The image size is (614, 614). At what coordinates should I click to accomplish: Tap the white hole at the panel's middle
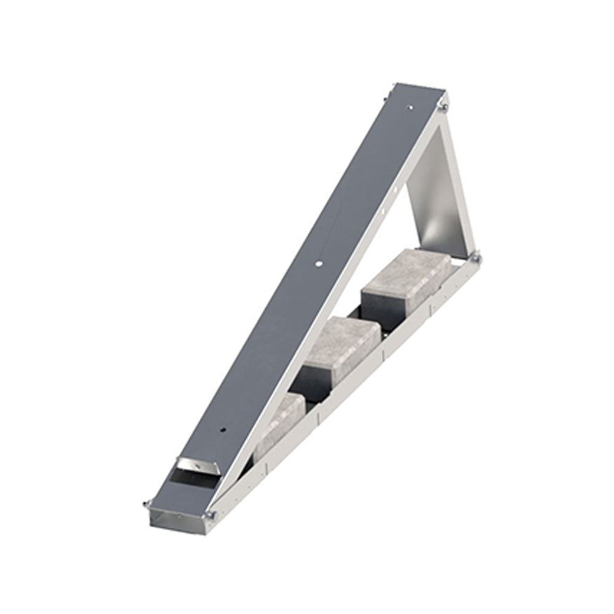coord(318,263)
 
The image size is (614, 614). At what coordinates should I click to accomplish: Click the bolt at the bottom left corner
coord(147,505)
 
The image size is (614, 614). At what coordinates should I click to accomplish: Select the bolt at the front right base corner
coord(211,515)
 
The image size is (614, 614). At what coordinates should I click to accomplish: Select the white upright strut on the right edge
coord(458,184)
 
